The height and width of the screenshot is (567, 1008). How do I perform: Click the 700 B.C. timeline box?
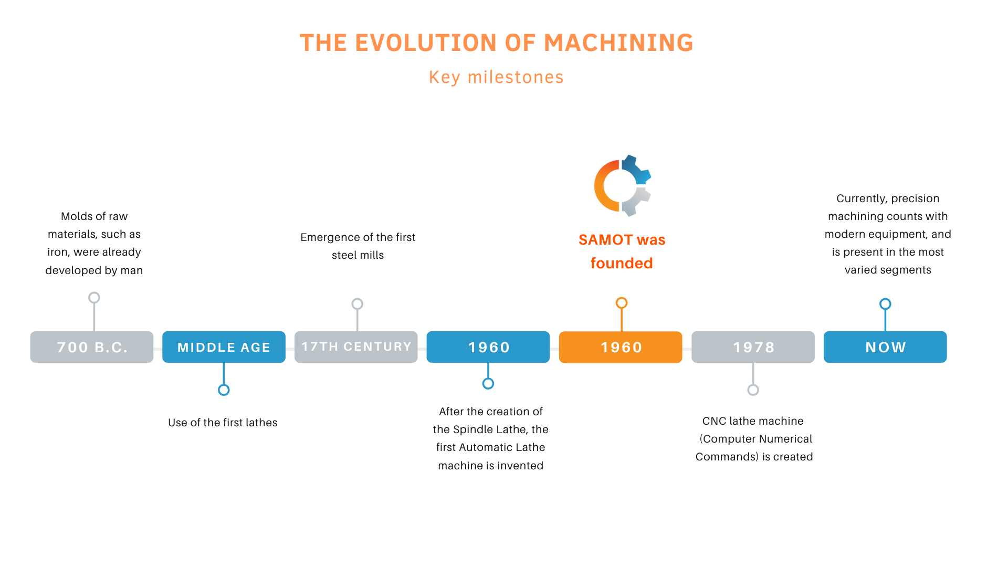92,347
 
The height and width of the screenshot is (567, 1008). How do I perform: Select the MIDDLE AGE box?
224,347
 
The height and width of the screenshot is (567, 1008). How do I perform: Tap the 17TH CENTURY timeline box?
356,347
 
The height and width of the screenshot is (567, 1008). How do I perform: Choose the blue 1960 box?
488,347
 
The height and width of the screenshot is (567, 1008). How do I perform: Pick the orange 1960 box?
621,347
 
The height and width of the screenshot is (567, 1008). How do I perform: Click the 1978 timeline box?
753,347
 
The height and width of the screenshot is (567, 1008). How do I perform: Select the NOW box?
885,347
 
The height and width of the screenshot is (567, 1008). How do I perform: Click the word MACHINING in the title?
618,43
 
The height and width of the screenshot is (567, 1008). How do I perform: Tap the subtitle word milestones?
516,77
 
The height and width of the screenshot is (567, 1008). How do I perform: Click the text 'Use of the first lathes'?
223,423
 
